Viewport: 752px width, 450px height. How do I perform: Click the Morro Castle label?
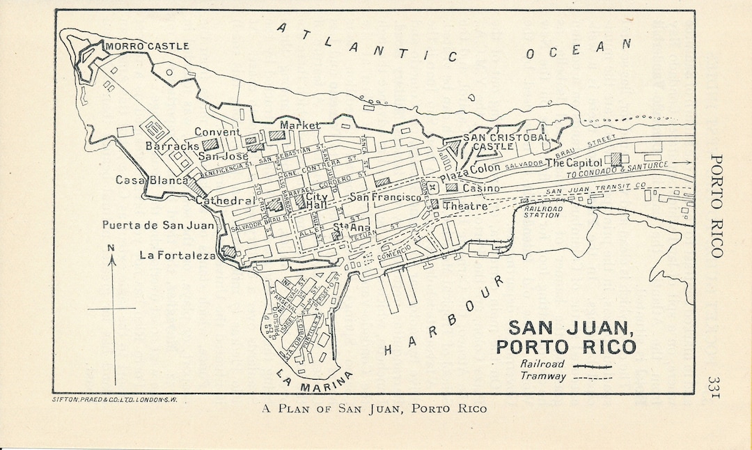point(147,47)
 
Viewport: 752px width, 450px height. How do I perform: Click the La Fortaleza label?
point(178,256)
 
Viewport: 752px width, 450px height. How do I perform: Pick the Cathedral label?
point(224,201)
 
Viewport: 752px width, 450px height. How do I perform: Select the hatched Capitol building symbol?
point(616,160)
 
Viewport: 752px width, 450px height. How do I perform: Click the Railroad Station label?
point(542,212)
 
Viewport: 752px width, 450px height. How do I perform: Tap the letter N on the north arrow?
point(111,247)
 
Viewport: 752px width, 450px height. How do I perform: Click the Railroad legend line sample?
point(592,366)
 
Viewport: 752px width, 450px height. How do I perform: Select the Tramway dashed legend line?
point(592,378)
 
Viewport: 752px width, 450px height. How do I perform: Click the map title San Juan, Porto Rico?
point(571,337)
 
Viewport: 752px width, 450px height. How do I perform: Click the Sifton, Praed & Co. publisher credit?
point(115,401)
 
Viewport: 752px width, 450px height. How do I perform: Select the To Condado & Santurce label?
point(617,169)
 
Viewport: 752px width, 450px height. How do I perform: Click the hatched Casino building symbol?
point(452,187)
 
